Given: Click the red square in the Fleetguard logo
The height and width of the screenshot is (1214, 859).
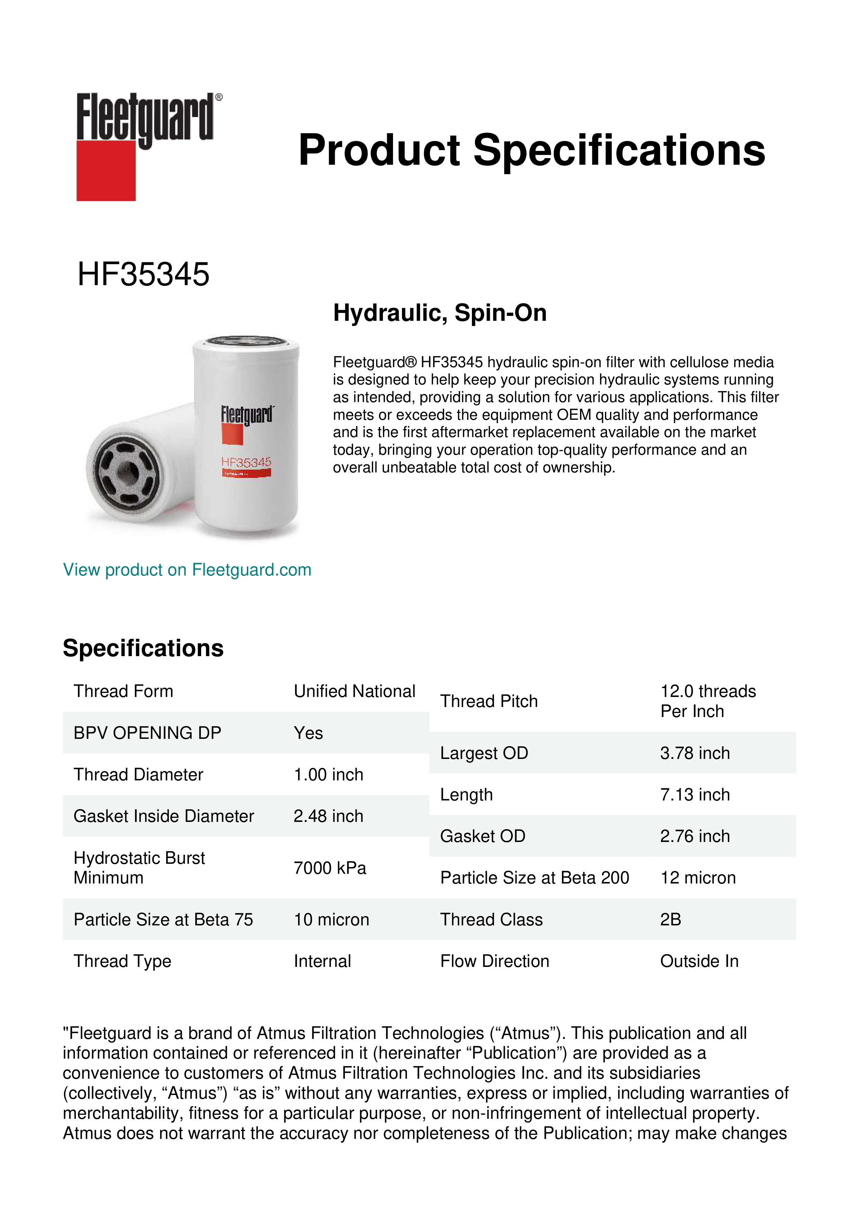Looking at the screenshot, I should click(106, 170).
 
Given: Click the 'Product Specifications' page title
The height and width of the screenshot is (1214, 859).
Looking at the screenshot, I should click(531, 150).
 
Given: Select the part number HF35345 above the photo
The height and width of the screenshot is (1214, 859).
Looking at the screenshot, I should click(143, 274).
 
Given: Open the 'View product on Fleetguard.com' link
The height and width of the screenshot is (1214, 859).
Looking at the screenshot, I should click(187, 570).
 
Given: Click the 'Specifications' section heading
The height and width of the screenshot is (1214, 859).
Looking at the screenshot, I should click(143, 648).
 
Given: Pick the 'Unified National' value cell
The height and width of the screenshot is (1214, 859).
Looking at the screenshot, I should click(355, 691).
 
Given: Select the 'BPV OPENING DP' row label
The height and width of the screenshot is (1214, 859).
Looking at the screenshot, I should click(147, 733).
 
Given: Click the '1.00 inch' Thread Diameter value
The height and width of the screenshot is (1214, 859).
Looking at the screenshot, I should click(329, 774).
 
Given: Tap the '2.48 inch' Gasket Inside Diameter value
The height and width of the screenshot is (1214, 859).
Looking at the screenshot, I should click(329, 816).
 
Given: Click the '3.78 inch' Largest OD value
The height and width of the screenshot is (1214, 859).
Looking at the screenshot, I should click(695, 753).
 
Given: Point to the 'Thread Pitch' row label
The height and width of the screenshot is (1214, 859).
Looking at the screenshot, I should click(489, 701).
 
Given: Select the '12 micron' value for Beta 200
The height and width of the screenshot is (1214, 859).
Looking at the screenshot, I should click(698, 878).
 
